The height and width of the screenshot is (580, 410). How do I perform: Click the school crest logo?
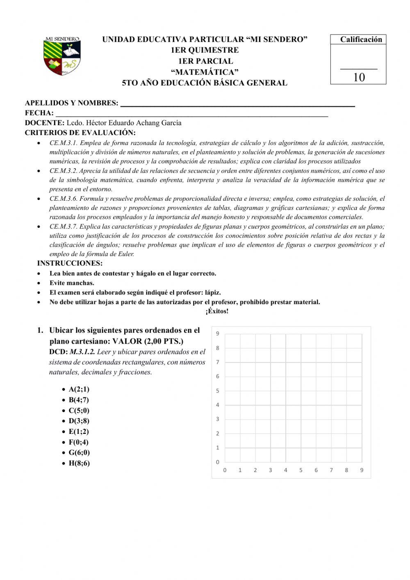tap(62, 56)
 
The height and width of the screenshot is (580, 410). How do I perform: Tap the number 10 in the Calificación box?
tap(359, 77)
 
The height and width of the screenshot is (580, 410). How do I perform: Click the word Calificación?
tap(361, 39)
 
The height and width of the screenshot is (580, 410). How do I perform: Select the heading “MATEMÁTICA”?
tap(205, 72)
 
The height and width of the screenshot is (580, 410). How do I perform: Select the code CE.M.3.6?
tap(63, 199)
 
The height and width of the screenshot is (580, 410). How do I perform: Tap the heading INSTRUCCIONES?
tap(70, 264)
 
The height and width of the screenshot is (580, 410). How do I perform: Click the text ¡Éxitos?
tap(217, 311)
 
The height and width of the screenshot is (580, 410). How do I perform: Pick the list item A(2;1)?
tap(79, 389)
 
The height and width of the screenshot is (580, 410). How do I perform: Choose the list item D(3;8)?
tap(79, 421)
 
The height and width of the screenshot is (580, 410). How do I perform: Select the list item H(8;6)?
tap(79, 463)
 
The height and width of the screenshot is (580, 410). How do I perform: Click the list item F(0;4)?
tap(78, 442)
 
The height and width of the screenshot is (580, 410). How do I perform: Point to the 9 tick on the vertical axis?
tap(218, 334)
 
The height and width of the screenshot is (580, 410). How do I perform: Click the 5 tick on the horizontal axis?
tap(301, 470)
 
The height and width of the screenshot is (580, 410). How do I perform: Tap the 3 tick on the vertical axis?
tap(218, 419)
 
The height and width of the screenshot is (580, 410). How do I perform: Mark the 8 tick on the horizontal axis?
tap(346, 470)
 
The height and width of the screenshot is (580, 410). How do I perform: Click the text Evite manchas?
tap(72, 283)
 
